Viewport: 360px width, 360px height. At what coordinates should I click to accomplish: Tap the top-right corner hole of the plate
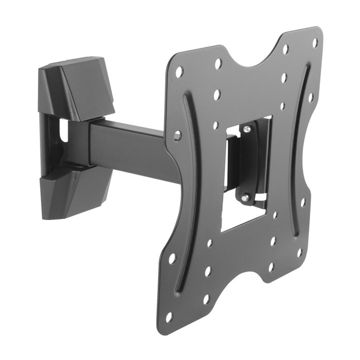pyautogui.click(x=315, y=43)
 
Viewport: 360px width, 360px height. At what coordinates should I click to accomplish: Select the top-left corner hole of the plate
pyautogui.click(x=179, y=72)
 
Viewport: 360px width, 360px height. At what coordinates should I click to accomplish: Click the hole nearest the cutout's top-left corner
pyautogui.click(x=215, y=125)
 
